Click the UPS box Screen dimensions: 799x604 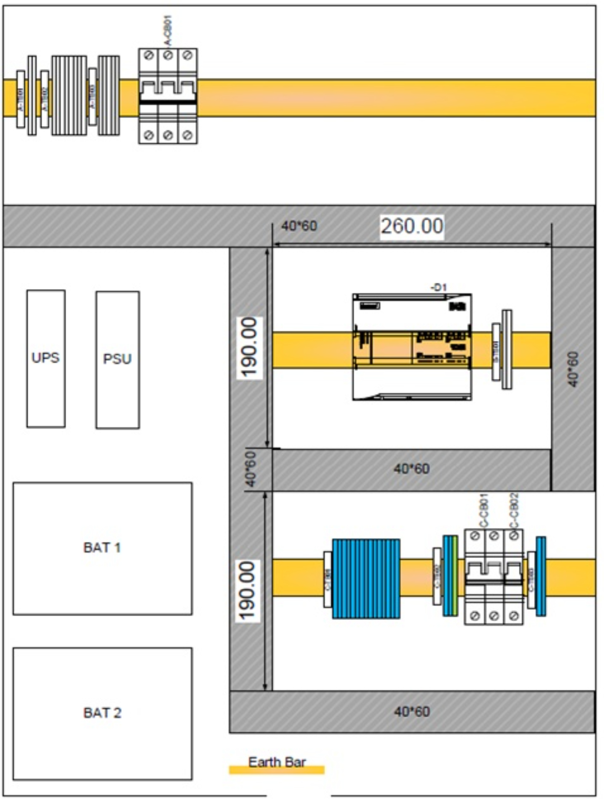pos(46,358)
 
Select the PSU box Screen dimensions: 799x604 pos(118,360)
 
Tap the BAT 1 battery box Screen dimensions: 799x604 pos(103,548)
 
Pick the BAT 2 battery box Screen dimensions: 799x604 pos(103,713)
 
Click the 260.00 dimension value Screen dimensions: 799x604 pos(412,226)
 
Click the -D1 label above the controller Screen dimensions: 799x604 pos(439,288)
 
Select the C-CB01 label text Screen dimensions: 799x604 pos(484,511)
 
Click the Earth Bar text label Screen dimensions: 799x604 pos(277,762)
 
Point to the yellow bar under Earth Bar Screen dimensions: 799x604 pos(277,770)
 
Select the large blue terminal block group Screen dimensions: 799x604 pos(366,579)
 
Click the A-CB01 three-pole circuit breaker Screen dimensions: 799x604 pos(168,96)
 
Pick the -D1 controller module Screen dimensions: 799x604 pos(412,347)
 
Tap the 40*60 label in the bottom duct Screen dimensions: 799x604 pos(412,712)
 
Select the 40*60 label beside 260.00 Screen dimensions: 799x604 pos(299,226)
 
